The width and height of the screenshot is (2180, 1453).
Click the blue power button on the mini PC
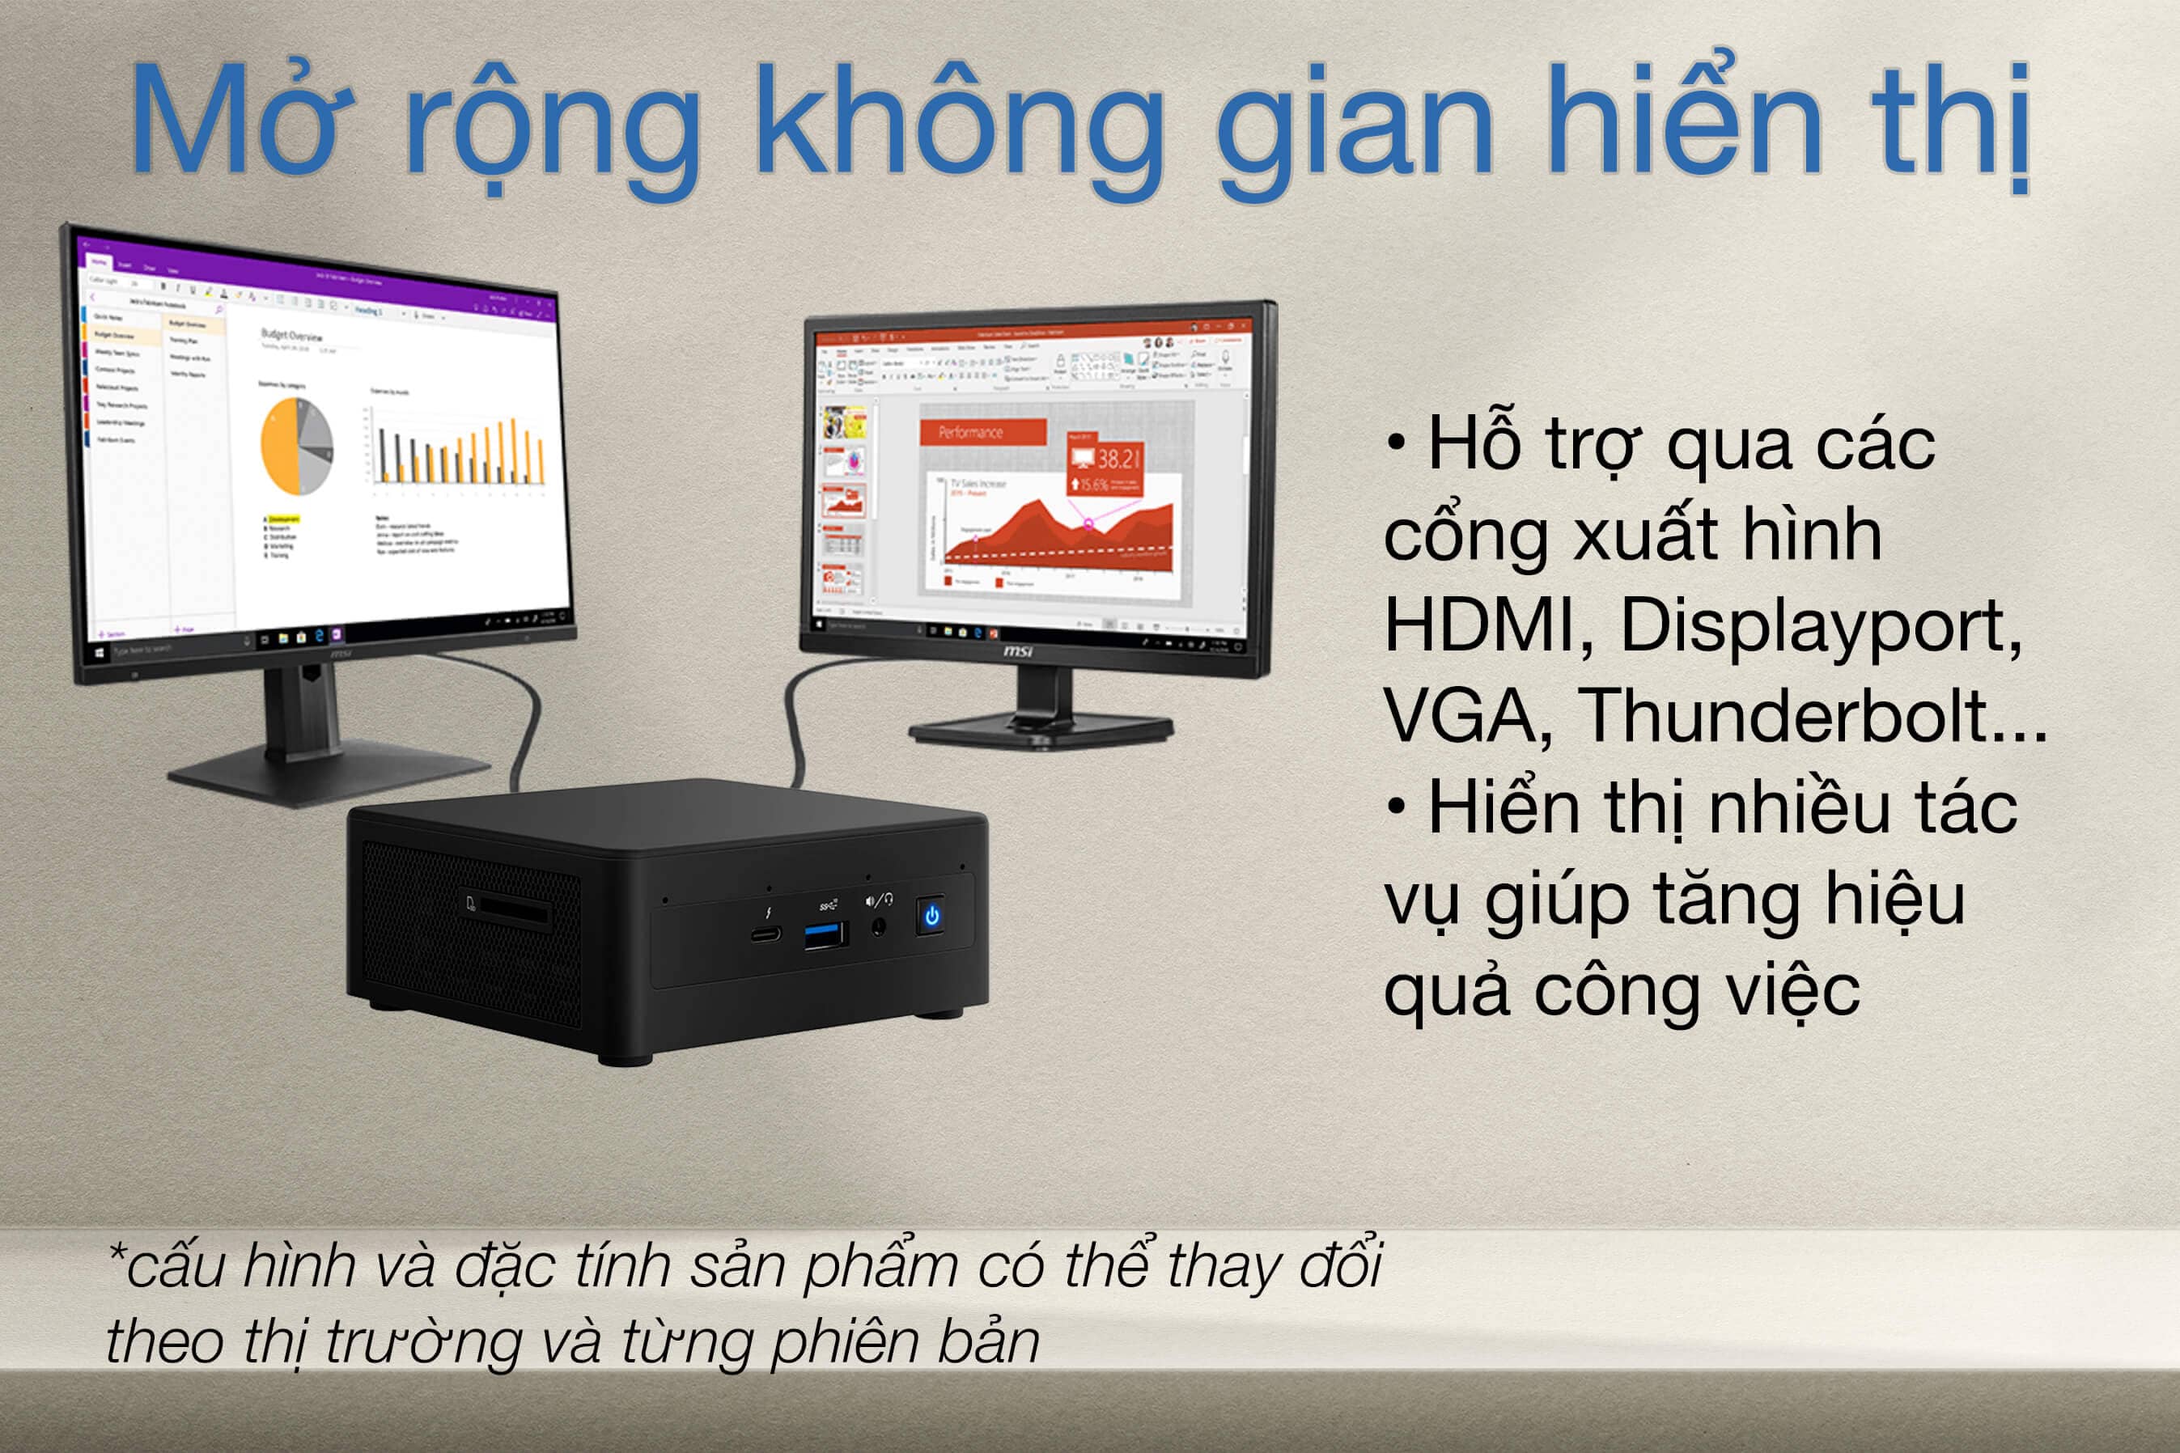pos(931,916)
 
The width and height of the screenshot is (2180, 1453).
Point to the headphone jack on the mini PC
pos(879,926)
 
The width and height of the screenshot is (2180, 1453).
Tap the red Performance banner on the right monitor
pos(982,432)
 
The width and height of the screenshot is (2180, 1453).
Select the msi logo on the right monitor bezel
pos(1017,651)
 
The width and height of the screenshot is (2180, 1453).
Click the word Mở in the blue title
pos(240,121)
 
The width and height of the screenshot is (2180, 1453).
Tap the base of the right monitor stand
pos(1041,732)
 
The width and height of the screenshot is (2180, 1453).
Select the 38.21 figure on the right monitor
pos(1117,459)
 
